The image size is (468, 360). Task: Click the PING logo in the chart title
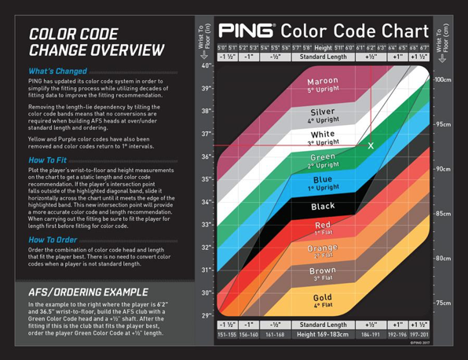click(x=247, y=31)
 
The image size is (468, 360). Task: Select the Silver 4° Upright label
click(x=323, y=116)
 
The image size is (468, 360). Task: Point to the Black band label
click(x=323, y=207)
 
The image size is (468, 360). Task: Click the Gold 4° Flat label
click(x=323, y=301)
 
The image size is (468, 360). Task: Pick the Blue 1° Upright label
click(x=323, y=183)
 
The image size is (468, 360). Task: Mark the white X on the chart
click(x=371, y=146)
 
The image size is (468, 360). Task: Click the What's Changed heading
click(x=57, y=72)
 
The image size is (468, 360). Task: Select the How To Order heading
click(x=53, y=240)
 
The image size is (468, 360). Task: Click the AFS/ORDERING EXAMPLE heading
click(x=87, y=292)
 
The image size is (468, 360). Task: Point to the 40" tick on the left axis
click(x=206, y=66)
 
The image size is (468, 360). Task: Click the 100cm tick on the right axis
click(x=443, y=80)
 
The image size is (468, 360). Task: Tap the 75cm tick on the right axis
click(x=443, y=303)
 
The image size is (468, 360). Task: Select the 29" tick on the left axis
click(x=206, y=316)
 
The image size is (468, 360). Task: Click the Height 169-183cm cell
click(x=323, y=334)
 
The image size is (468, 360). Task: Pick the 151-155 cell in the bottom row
click(x=227, y=334)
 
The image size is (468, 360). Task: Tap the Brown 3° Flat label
click(x=323, y=274)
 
